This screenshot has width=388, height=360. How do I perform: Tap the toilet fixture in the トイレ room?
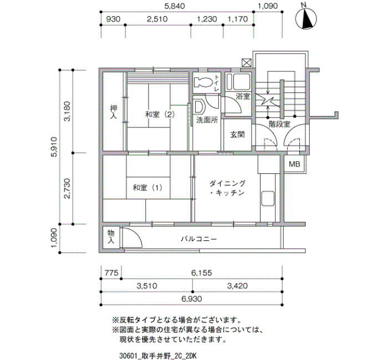pos(203,82)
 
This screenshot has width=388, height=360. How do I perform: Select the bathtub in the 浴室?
pos(238,81)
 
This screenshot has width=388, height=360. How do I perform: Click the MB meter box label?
pos(294,164)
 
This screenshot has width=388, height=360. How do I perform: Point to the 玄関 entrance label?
pos(237,135)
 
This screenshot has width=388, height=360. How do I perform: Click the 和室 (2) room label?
pos(160,114)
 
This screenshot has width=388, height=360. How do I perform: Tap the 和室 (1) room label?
pos(147,188)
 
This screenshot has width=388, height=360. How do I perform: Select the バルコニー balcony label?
pos(199,239)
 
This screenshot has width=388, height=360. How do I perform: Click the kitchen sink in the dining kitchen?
pos(268,198)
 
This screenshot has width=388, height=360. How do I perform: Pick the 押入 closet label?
pos(114,112)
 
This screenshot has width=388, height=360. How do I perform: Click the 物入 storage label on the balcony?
pos(111,236)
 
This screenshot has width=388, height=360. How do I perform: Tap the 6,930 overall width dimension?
pos(192,299)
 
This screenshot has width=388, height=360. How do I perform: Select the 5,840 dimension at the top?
pos(175,6)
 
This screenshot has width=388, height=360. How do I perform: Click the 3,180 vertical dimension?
pos(67,111)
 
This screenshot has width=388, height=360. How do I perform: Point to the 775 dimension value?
pos(111,272)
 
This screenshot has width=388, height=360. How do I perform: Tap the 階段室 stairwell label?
pos(279,124)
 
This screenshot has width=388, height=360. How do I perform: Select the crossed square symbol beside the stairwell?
pos(247,63)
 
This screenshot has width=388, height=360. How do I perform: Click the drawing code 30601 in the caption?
pos(127,356)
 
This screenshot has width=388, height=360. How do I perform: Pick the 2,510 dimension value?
pos(157,19)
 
